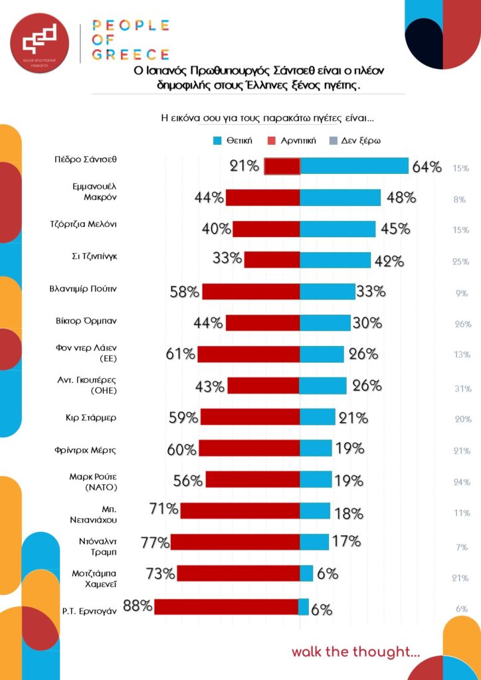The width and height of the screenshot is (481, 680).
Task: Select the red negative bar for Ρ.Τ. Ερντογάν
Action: click(x=227, y=607)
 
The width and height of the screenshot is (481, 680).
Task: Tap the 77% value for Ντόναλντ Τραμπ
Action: click(x=155, y=543)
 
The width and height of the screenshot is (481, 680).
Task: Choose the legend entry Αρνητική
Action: click(x=293, y=141)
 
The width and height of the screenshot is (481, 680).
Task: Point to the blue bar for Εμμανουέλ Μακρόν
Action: click(x=340, y=197)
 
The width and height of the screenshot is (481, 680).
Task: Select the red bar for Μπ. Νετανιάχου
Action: click(x=240, y=511)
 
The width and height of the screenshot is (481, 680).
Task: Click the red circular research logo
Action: click(x=39, y=39)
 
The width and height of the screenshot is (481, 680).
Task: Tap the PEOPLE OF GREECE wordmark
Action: click(x=130, y=40)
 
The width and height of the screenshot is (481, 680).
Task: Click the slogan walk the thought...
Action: click(x=355, y=651)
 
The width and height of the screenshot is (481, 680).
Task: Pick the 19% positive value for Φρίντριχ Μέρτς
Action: click(x=349, y=448)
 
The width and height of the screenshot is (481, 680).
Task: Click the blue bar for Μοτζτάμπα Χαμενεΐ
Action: click(x=306, y=573)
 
